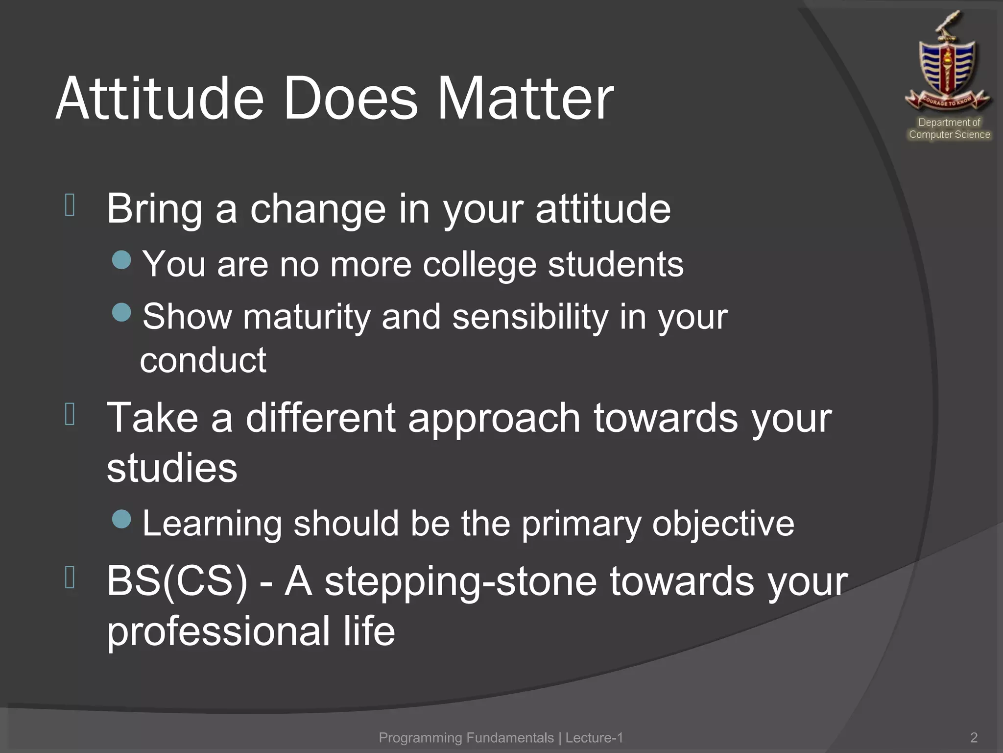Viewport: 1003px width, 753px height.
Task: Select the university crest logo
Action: pos(948,64)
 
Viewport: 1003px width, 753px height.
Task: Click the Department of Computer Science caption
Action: pos(949,128)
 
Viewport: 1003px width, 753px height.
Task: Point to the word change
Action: pos(318,209)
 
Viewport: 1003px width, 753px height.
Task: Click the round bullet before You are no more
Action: pos(121,260)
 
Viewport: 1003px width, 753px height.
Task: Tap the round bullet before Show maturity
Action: pos(121,312)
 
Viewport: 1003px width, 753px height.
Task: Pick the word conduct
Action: pos(203,360)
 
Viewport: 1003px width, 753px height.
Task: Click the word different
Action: pos(320,418)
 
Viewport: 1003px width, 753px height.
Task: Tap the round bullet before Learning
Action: pos(121,519)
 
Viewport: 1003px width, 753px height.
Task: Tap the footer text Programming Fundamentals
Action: pos(466,737)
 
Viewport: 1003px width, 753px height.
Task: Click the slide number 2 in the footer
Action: pos(974,737)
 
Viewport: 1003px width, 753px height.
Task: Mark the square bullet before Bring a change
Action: pos(70,205)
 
